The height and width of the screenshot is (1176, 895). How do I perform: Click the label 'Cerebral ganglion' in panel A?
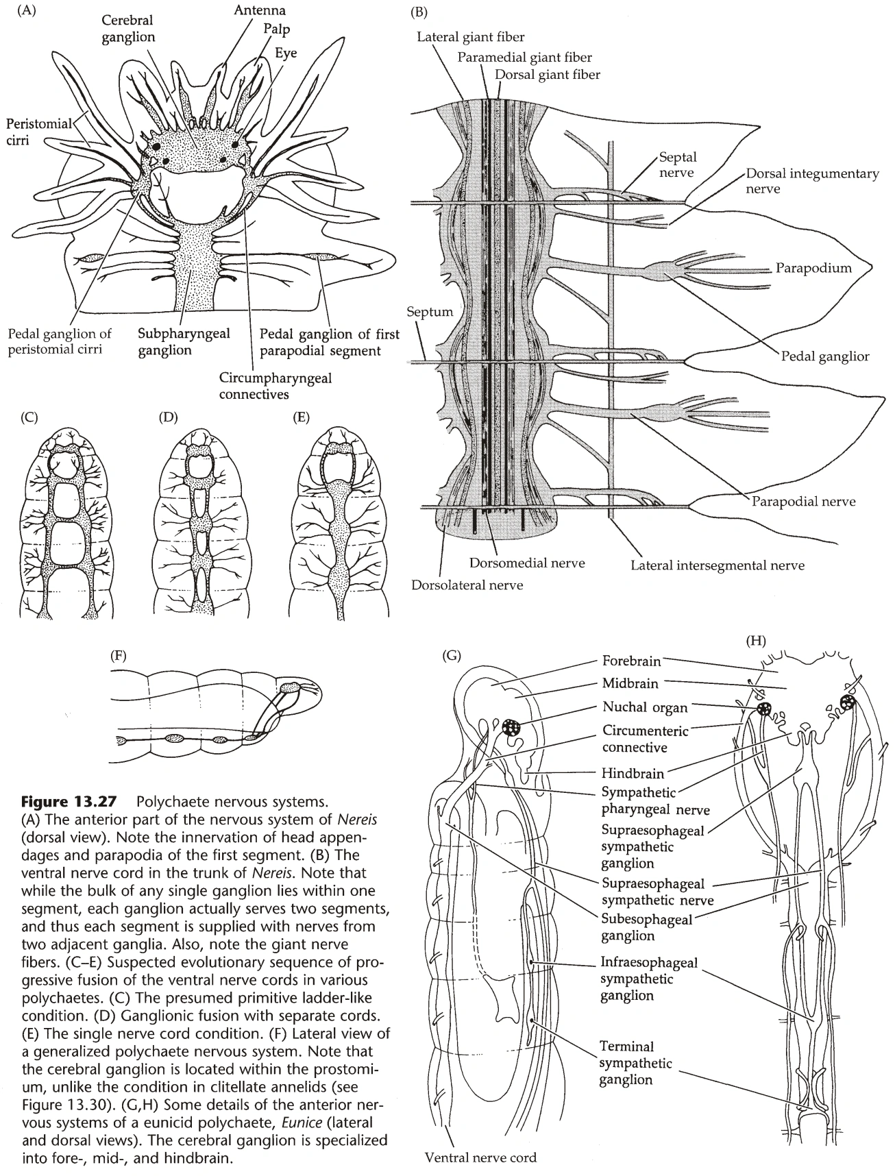click(128, 29)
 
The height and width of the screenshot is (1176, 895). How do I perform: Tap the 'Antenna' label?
click(260, 11)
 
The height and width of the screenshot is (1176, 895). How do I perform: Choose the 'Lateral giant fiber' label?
click(471, 37)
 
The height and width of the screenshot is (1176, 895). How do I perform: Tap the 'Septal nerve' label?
click(678, 165)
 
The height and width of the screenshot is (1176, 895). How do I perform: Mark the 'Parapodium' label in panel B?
click(813, 268)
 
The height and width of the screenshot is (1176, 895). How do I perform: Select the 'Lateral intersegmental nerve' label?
click(718, 565)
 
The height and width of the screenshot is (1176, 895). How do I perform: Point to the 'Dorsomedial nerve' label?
click(527, 563)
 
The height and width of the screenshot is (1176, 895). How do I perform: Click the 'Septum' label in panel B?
click(430, 312)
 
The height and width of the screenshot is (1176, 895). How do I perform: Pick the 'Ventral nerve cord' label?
click(480, 1157)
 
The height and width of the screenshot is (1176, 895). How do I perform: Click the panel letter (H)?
click(756, 641)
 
